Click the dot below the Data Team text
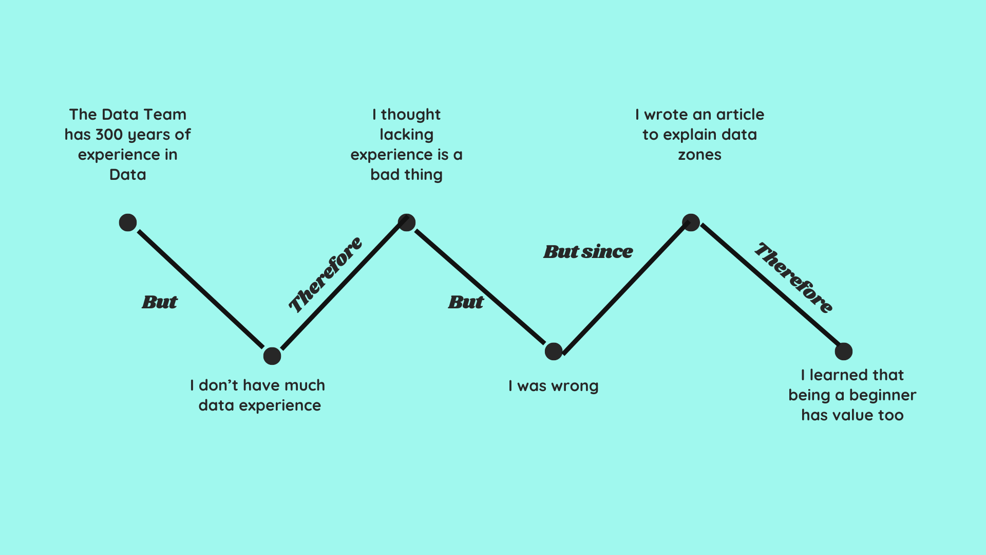128,223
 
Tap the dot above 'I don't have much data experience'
272,356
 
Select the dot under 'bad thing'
407,223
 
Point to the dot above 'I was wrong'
554,351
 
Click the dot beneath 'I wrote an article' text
691,223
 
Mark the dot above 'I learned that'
843,351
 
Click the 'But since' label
588,252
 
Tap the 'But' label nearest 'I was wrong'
466,302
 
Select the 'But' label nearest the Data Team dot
160,302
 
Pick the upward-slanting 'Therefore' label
325,275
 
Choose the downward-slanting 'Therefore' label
793,277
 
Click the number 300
109,135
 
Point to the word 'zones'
699,155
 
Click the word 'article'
740,115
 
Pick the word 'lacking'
406,135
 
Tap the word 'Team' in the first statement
165,115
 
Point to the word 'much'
305,385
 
